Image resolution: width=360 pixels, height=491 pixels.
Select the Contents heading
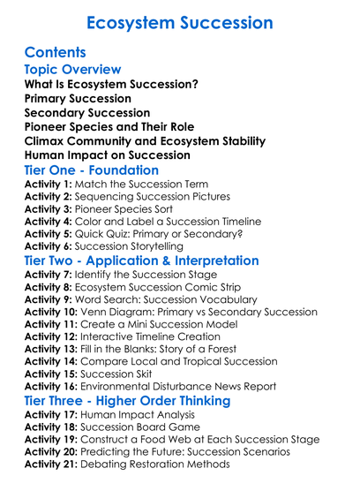(56, 53)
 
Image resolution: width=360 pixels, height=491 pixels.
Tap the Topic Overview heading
(72, 70)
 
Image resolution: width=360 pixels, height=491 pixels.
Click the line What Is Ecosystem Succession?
(111, 85)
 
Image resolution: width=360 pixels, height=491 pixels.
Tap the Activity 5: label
(50, 234)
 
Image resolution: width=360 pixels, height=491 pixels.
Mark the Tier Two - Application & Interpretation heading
(141, 262)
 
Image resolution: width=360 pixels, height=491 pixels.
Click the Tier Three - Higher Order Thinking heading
(127, 401)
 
